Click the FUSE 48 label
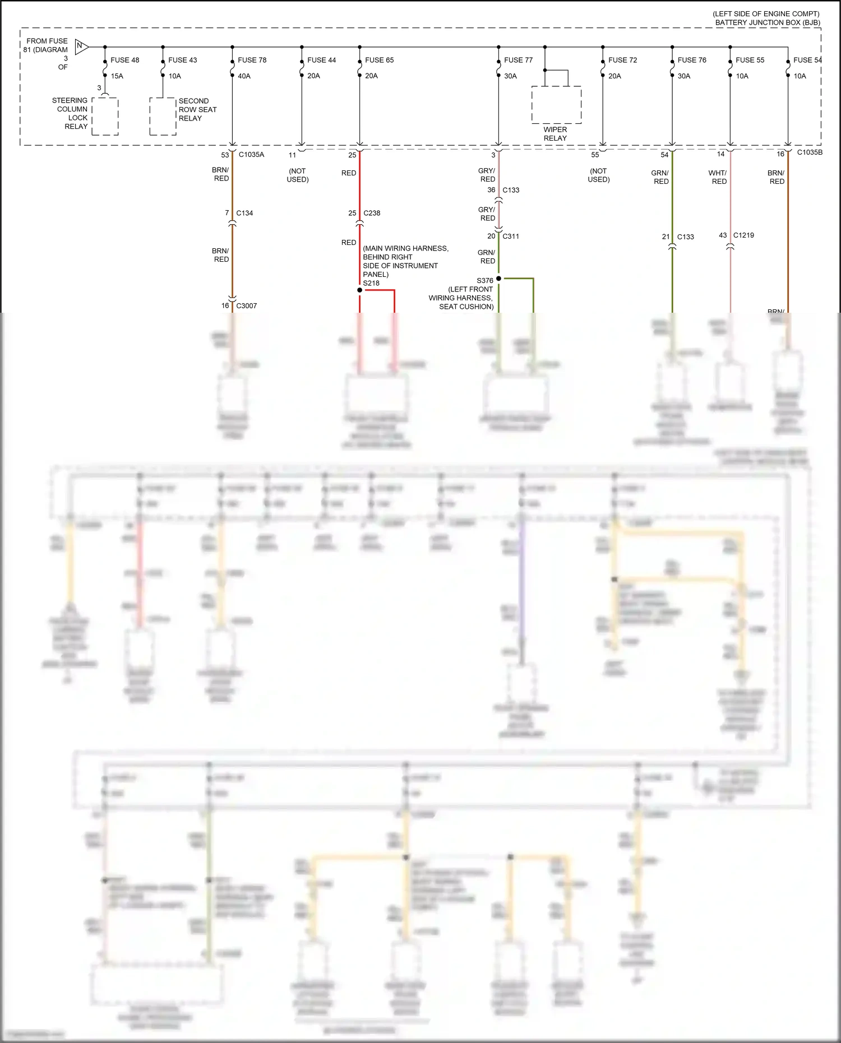[x=124, y=60]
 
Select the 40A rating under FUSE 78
[x=244, y=76]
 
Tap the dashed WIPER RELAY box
[x=556, y=105]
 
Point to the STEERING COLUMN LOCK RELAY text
[x=70, y=114]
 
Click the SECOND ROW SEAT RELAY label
[x=197, y=110]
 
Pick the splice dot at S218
[x=359, y=290]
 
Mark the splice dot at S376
[x=498, y=279]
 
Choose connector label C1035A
[x=251, y=155]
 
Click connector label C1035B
[x=810, y=152]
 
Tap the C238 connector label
[x=372, y=213]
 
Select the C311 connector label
[x=511, y=237]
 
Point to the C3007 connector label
[x=246, y=306]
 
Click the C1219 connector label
[x=743, y=235]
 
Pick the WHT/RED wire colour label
[x=718, y=177]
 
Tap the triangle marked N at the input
[x=81, y=47]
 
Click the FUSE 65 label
[x=379, y=60]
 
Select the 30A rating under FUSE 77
[x=510, y=76]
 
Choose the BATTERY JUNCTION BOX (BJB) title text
[x=767, y=23]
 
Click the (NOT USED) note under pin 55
[x=598, y=175]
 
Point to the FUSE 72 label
[x=622, y=60]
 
